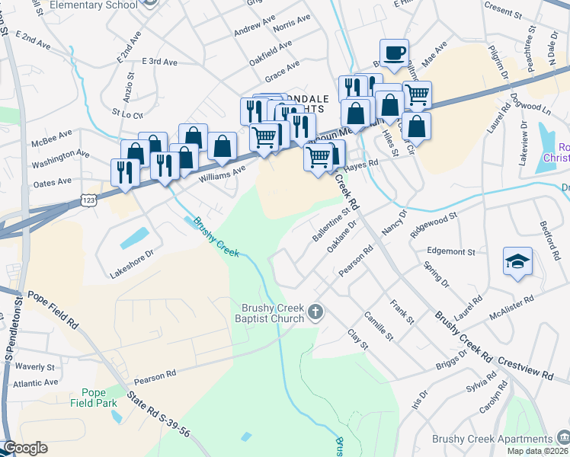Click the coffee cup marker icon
[394, 53]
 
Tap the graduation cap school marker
[517, 261]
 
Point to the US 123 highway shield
[88, 200]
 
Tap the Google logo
[24, 448]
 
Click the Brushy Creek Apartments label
[491, 439]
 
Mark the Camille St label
[378, 326]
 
